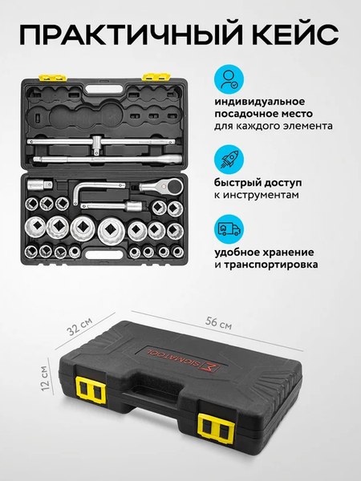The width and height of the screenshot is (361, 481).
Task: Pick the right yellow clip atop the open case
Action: tap(152, 78)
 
